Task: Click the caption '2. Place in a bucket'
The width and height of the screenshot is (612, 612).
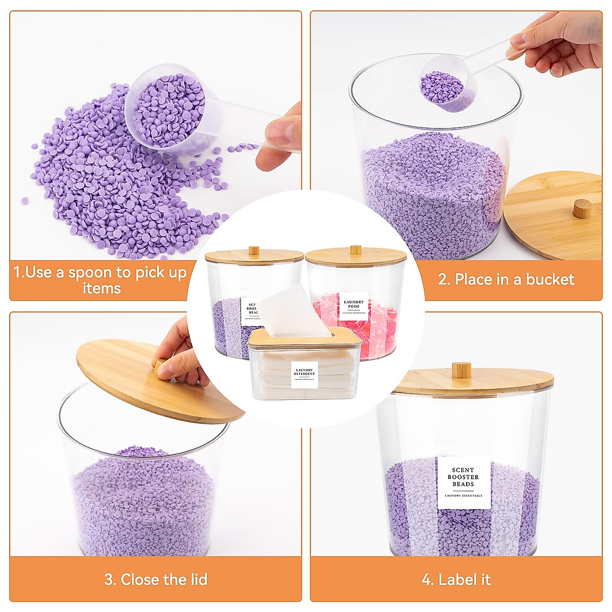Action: tap(506, 279)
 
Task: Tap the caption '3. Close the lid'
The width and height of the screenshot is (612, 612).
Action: tap(156, 579)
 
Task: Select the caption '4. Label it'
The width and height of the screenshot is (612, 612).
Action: tap(456, 579)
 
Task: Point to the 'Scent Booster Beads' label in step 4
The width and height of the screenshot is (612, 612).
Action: tap(463, 482)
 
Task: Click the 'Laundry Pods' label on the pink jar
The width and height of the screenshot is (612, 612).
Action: tap(353, 306)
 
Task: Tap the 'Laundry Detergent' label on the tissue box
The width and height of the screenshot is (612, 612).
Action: tap(304, 374)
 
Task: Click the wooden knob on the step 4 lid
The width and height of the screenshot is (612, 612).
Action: tap(461, 370)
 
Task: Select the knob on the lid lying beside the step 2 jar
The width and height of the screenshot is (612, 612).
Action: tap(582, 208)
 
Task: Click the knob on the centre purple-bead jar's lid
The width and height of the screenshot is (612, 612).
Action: tap(253, 250)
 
